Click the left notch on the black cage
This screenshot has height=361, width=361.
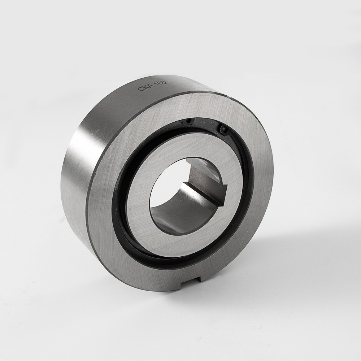[x=187, y=122]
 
